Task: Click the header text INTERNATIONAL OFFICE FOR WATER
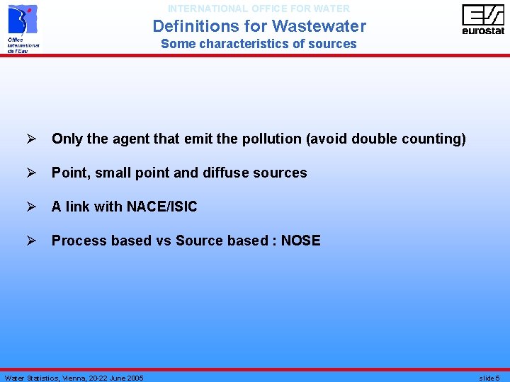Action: point(259,8)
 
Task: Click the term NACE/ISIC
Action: point(161,207)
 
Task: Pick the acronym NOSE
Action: point(300,241)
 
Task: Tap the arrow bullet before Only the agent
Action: point(30,139)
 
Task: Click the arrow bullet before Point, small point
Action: point(30,173)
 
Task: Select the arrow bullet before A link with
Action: point(30,207)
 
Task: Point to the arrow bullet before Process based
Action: point(30,241)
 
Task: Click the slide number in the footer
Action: point(489,378)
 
